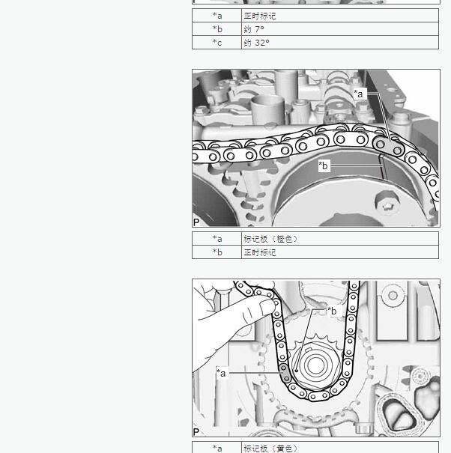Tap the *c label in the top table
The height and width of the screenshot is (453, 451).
click(217, 43)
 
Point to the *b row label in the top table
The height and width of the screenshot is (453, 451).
click(217, 29)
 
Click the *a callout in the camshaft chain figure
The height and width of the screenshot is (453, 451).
click(360, 94)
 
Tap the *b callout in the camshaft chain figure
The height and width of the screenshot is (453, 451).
click(324, 165)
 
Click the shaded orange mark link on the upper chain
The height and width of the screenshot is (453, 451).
click(389, 147)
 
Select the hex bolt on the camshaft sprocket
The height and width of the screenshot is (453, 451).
click(387, 204)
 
